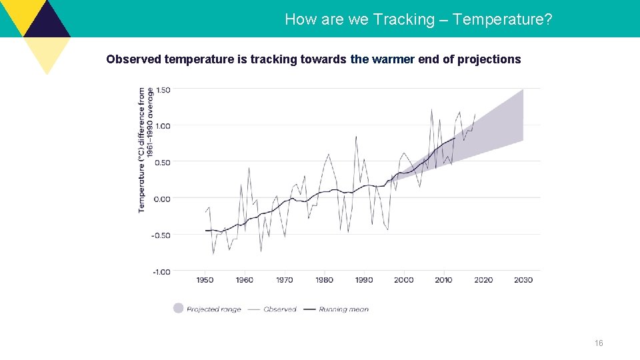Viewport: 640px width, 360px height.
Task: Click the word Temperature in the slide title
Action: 502,19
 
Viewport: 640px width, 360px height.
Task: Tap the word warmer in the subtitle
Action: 393,59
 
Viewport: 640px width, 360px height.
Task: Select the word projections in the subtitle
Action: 489,59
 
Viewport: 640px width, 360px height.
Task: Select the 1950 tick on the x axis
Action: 205,280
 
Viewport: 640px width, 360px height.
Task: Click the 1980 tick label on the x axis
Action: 325,280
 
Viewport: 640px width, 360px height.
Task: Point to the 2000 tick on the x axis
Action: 404,280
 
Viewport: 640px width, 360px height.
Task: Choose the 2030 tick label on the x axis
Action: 523,280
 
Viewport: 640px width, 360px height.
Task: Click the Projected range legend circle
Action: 178,308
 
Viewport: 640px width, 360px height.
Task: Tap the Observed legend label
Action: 280,309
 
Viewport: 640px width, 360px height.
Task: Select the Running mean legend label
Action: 343,309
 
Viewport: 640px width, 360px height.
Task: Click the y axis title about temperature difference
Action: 145,150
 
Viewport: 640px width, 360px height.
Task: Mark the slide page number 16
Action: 599,343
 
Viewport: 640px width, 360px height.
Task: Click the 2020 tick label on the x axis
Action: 483,280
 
